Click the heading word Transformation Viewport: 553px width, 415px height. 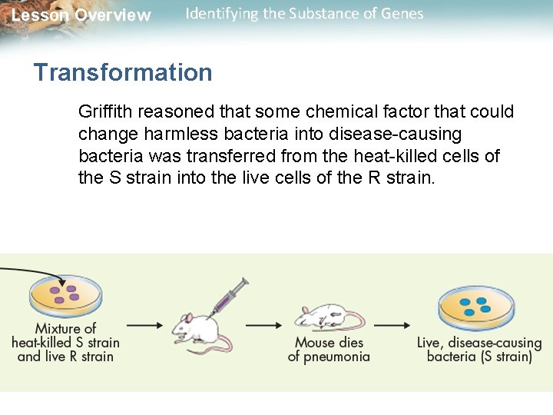click(123, 72)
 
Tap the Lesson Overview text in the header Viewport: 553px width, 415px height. click(81, 15)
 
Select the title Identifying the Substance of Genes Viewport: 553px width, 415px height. click(304, 14)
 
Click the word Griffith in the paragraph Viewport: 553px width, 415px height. click(105, 111)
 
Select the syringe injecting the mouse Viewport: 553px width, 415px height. click(230, 295)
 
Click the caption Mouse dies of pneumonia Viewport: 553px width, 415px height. click(329, 349)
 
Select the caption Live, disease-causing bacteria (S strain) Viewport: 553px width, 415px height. click(479, 350)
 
